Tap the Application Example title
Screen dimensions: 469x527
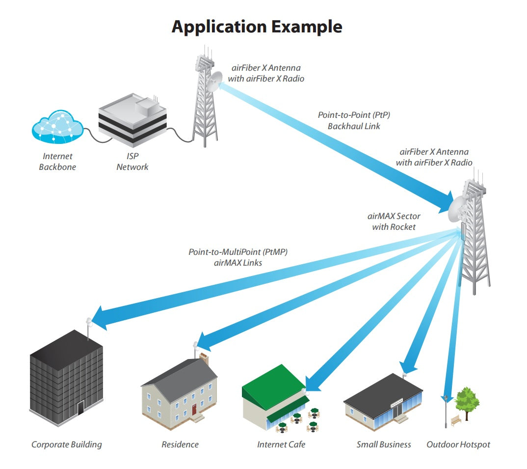coord(257,27)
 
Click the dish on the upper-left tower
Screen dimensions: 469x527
coord(215,82)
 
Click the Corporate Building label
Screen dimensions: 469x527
coord(67,444)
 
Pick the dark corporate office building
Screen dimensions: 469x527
coord(67,378)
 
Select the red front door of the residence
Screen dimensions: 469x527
coord(194,409)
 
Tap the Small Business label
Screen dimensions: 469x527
coord(384,444)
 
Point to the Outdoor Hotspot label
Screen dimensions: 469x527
coord(458,444)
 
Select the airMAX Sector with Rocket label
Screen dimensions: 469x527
coord(394,221)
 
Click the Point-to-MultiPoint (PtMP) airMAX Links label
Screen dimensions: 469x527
coord(238,257)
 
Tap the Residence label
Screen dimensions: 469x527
coord(180,444)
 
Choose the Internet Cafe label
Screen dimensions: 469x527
coord(281,444)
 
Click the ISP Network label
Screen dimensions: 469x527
coord(132,162)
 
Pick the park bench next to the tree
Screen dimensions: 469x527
coord(456,419)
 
